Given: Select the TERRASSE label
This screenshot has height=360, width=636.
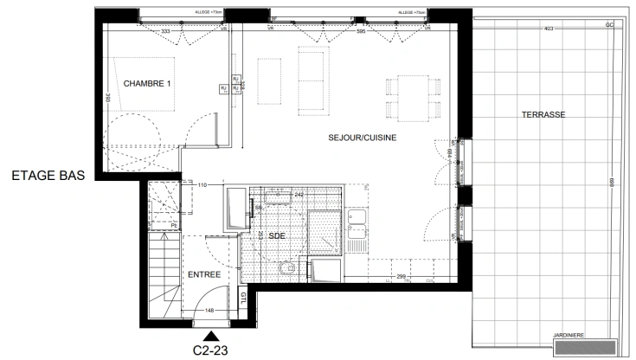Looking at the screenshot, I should [x=543, y=114].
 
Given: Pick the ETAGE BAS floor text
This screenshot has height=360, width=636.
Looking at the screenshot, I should [x=48, y=175].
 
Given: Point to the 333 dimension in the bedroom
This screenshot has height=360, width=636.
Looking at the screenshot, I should [x=166, y=31].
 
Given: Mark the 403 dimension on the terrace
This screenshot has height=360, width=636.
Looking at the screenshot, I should [x=548, y=30].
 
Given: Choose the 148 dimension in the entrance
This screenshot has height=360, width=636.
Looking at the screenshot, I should [x=209, y=310].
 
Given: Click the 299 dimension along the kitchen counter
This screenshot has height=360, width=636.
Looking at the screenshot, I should [x=401, y=277].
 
